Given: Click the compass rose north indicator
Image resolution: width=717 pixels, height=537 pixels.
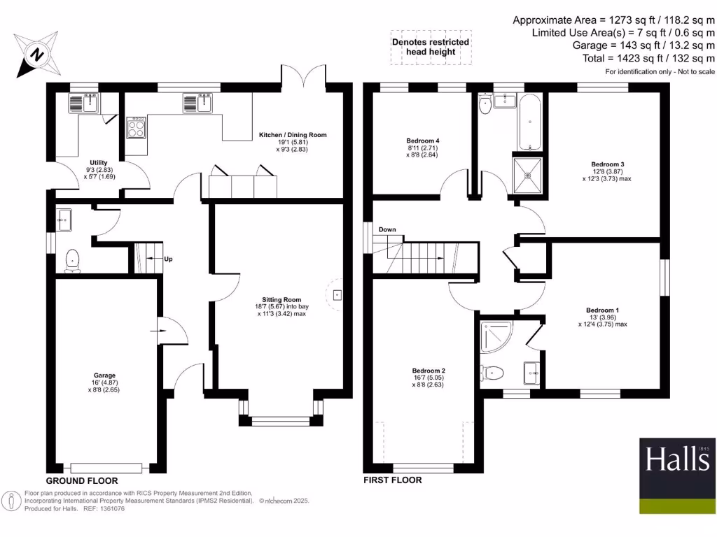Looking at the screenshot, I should tap(37, 53).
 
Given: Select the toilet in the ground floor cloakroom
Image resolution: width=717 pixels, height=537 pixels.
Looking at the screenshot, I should tap(72, 261).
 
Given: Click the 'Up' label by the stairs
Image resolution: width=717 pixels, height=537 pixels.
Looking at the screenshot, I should tap(168, 259).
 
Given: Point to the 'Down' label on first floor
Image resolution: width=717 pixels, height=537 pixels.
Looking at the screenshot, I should tap(387, 230).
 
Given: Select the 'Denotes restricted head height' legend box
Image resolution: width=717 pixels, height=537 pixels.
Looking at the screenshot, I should tap(430, 48).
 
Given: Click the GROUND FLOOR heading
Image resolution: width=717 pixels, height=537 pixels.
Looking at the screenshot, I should tap(82, 481).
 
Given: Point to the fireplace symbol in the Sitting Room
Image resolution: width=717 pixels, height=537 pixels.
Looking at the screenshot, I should tap(337, 294).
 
